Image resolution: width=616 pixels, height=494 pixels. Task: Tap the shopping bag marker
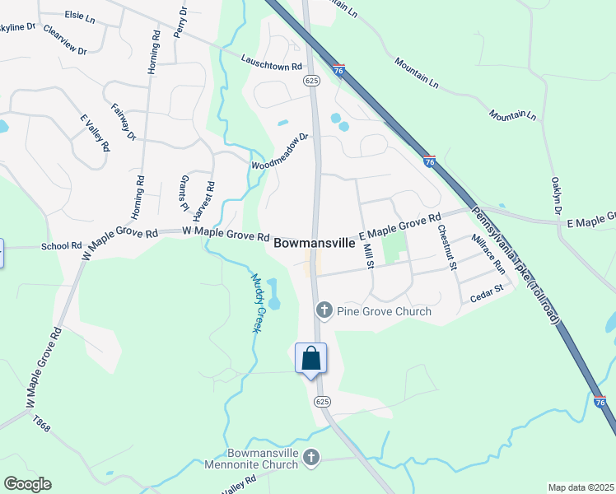(x=310, y=359)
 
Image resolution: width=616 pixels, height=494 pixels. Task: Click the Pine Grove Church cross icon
(x=324, y=310)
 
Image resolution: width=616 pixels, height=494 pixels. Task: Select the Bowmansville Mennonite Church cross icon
(x=310, y=458)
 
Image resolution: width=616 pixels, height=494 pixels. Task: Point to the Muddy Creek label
(x=259, y=303)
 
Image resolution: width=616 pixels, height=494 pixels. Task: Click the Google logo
(x=27, y=484)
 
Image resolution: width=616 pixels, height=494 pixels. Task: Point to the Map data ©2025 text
(x=581, y=487)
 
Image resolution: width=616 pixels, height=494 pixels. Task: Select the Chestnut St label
(x=446, y=247)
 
